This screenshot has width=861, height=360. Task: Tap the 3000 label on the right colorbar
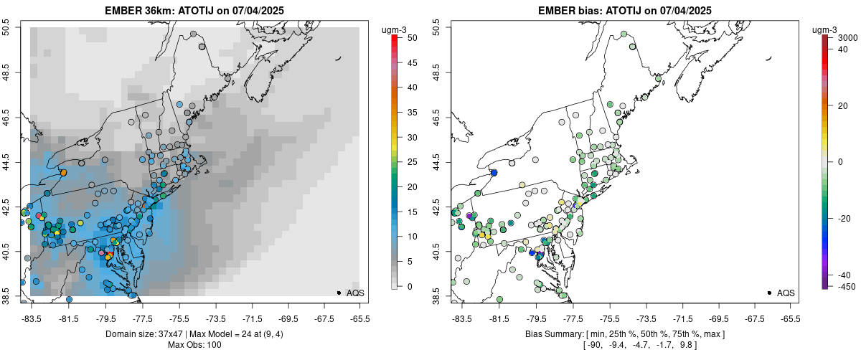(847, 37)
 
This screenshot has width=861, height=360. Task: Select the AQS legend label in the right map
(786, 293)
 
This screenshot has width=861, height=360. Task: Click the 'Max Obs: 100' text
(194, 345)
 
